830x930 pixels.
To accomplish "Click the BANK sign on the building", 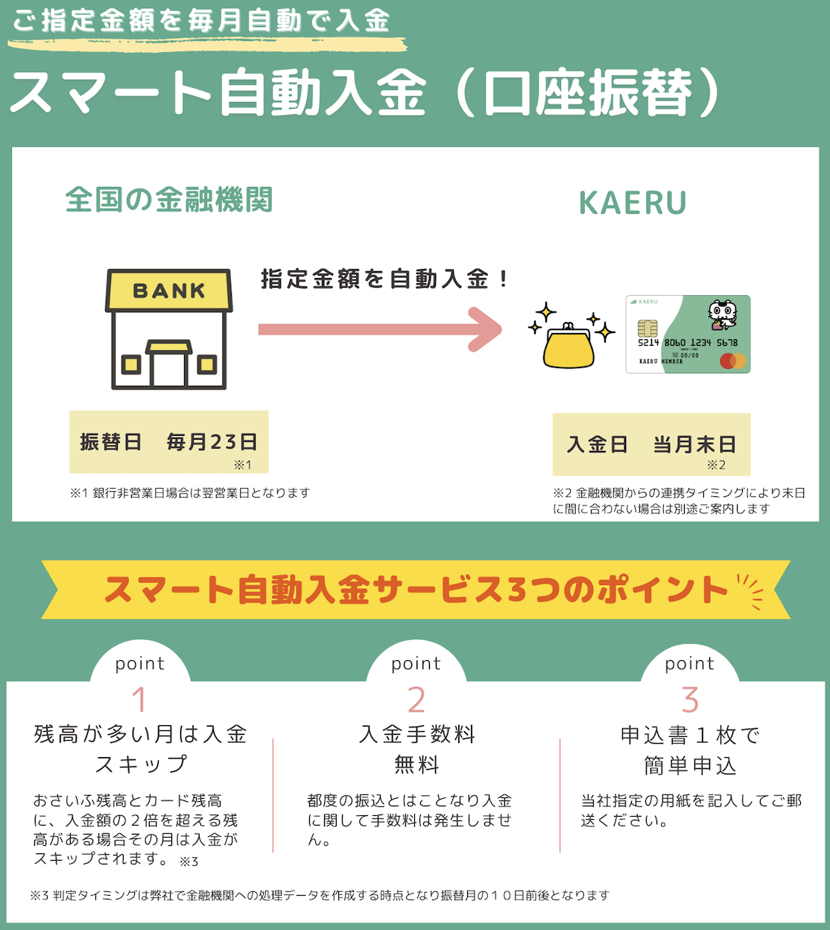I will pos(169,291).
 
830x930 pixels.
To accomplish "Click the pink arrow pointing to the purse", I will pos(380,329).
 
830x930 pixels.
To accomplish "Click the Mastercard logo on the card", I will pos(732,361).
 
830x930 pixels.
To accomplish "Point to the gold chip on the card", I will pos(647,328).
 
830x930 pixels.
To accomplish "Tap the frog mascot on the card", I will pos(721,314).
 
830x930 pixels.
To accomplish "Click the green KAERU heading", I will pos(633,203).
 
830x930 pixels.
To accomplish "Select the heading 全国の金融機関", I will pos(169,200).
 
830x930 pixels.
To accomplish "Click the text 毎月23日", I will pos(212,442).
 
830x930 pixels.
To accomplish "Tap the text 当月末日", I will pos(694,445).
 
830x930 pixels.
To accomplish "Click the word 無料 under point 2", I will pos(416,765).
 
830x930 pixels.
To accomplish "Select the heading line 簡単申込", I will pos(690,766).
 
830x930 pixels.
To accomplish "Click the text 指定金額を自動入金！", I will pos(384,279).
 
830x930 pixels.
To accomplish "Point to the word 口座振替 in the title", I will pos(589,95).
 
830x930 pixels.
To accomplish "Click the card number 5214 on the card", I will pos(648,343).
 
